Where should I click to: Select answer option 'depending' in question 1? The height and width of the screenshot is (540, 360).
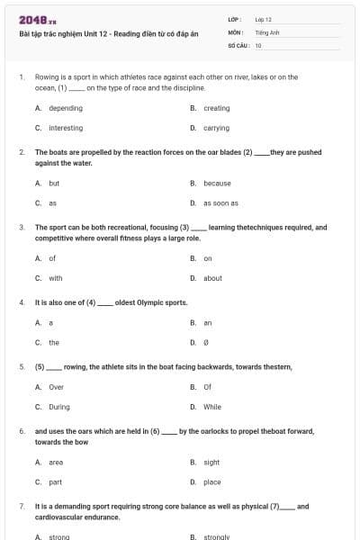point(66,108)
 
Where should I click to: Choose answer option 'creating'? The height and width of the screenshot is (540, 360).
point(217,108)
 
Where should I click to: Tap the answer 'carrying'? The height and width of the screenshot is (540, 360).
point(216,128)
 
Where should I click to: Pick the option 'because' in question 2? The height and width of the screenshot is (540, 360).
point(217,183)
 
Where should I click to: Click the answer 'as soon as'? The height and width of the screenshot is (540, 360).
point(220,203)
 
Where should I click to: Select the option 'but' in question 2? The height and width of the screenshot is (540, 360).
point(54,183)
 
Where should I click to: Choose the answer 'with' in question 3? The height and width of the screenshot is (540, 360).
point(56,278)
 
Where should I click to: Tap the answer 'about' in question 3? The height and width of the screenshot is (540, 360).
point(212,278)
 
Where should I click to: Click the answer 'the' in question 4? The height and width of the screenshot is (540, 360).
point(54,343)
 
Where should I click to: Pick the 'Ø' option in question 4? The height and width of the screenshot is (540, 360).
point(206,343)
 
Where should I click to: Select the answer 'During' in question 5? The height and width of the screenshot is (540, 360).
point(59,407)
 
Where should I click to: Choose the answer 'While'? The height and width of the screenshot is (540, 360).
point(212,407)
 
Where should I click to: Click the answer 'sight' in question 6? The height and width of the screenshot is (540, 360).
point(211,462)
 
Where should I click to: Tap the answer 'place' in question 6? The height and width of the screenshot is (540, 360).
point(212,482)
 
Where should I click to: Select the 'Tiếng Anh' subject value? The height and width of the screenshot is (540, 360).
point(267,31)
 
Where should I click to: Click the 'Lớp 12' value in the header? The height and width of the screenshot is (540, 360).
point(263,19)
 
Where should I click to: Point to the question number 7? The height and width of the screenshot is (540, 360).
point(22,507)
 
